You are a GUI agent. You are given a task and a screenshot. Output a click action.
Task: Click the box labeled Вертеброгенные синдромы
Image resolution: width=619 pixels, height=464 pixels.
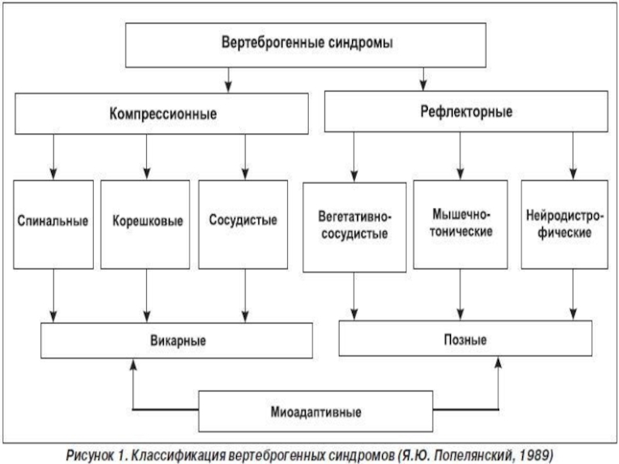(306, 45)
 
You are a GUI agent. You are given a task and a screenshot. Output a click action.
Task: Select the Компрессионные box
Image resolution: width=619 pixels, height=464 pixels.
(162, 114)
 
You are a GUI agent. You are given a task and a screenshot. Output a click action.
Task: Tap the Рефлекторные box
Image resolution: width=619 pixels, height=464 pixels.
(466, 111)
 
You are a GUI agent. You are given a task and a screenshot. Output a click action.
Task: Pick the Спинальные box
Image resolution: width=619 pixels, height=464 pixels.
(53, 224)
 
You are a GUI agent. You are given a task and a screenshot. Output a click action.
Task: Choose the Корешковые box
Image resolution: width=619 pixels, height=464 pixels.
(145, 224)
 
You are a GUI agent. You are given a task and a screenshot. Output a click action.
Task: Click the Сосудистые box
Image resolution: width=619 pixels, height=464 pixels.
(243, 224)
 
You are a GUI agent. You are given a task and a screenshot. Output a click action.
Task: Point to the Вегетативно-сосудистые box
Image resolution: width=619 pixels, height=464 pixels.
(354, 227)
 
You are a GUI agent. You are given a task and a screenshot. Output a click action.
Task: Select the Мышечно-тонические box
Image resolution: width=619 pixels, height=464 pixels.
(460, 224)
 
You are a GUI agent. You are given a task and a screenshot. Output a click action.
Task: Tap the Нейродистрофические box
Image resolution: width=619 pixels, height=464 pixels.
(565, 224)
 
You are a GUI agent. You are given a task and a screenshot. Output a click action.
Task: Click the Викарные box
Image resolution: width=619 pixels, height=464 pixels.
(176, 340)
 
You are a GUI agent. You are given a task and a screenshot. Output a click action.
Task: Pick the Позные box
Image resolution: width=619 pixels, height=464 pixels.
(466, 338)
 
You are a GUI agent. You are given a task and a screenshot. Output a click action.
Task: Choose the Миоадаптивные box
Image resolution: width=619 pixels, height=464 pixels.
(316, 411)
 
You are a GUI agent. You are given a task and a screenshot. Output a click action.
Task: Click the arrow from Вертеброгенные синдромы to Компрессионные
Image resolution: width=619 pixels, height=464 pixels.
(228, 80)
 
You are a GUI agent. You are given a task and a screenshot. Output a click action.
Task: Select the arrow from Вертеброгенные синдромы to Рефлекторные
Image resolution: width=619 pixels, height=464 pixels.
(423, 80)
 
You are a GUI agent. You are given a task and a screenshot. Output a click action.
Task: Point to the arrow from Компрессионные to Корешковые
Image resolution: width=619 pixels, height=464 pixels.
(146, 157)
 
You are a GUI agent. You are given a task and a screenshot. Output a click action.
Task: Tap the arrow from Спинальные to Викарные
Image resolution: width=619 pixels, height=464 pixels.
(53, 296)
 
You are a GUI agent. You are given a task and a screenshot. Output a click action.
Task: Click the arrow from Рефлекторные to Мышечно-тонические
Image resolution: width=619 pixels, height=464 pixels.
(460, 156)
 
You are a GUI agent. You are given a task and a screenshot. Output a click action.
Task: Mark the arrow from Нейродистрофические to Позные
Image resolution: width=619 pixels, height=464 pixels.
(573, 295)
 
